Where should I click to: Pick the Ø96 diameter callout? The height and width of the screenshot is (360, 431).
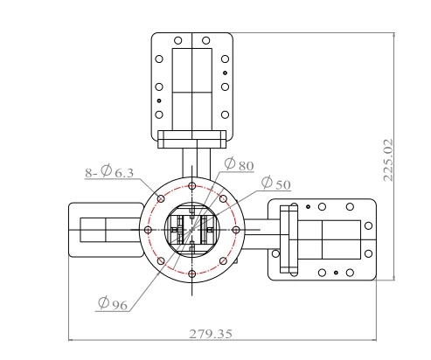click(x=115, y=303)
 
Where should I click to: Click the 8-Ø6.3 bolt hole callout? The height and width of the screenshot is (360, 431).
click(x=109, y=173)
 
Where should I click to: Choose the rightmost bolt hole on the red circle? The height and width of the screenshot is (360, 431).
click(x=236, y=230)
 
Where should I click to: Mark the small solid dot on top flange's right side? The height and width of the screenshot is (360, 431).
click(x=226, y=73)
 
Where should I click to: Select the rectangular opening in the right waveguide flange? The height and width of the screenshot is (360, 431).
click(x=337, y=239)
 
